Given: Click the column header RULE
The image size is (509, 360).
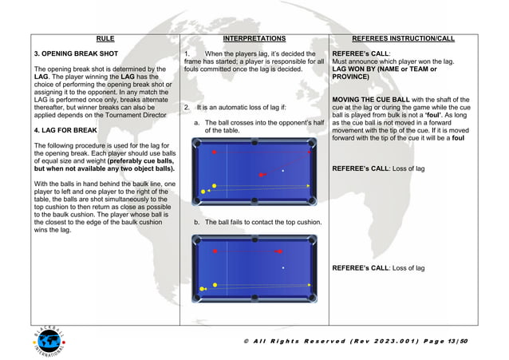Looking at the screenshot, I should tap(105, 38).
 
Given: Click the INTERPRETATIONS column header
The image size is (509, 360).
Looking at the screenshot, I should tap(254, 38).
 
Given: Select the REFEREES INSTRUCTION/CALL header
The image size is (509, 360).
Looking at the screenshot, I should tap(403, 38).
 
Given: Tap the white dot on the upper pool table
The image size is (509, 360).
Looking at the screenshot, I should tap(283, 171).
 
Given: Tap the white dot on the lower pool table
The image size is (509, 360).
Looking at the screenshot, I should tap(282, 268).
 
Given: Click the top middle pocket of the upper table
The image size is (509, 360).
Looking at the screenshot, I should tap(254, 144).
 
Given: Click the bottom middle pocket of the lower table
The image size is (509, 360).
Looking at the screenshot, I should tap(254, 300).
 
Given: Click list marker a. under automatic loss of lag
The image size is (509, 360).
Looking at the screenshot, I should tap(197, 123).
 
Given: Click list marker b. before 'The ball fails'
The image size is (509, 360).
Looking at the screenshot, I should tap(197, 222).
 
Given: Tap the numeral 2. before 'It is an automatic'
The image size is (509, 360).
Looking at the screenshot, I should tap(187, 108).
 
